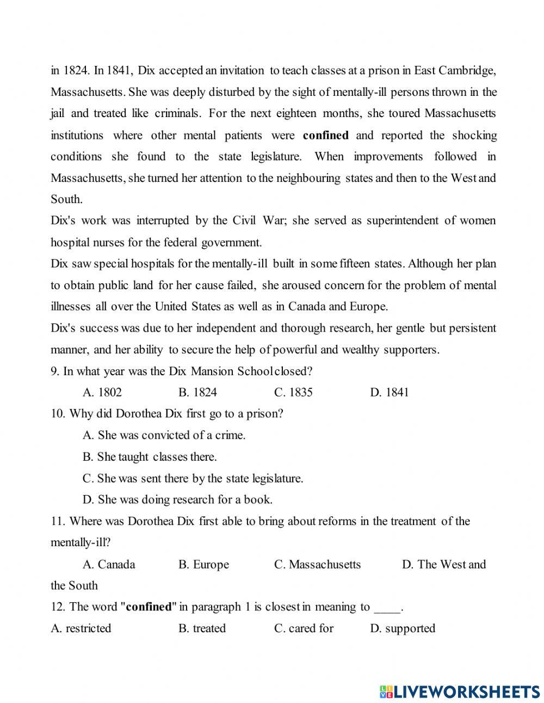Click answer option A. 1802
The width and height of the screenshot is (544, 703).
pos(102,392)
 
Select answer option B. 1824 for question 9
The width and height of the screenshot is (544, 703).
pos(197,392)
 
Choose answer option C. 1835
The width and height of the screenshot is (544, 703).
pos(293,392)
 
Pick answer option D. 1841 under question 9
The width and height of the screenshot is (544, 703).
pos(389,392)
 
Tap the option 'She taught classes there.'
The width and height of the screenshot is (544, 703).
pos(150,457)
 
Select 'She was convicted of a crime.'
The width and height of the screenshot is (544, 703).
pos(164,435)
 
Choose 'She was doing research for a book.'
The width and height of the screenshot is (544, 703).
pos(177,499)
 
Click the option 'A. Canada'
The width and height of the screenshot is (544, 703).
pos(109,564)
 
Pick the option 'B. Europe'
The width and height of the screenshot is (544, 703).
pos(203,564)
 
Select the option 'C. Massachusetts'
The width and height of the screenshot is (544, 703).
pos(317,564)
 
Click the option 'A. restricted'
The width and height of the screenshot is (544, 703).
pos(81,628)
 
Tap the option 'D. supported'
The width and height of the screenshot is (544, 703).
pos(403,628)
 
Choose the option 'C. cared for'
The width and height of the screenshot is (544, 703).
pos(304,628)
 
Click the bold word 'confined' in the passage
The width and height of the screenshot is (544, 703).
pos(326,135)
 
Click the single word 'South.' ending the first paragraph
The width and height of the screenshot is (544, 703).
pos(67,199)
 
